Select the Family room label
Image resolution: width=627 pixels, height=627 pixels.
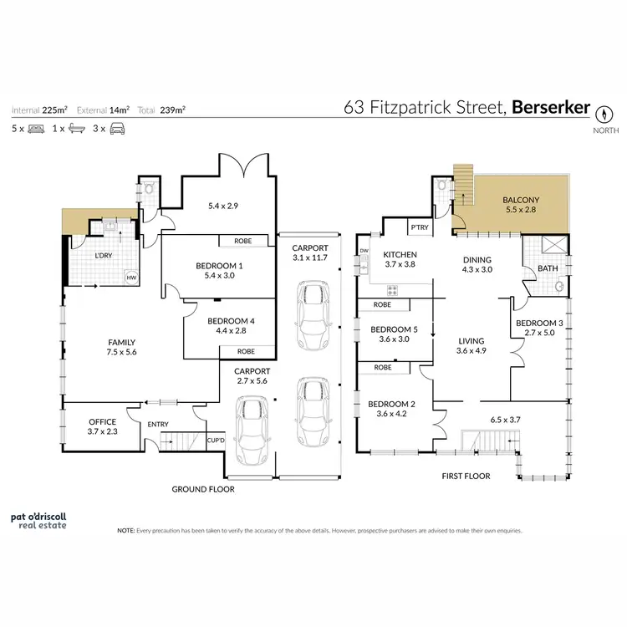pyautogui.click(x=121, y=342)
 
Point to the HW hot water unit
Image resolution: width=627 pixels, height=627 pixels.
pyautogui.click(x=131, y=278)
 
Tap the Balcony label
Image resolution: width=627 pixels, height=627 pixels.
pyautogui.click(x=521, y=200)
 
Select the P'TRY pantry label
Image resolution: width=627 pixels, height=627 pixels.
pyautogui.click(x=418, y=227)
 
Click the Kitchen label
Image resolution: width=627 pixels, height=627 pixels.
pyautogui.click(x=400, y=254)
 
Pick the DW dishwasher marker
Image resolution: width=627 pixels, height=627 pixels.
pyautogui.click(x=364, y=251)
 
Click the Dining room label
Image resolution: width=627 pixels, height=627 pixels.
pyautogui.click(x=477, y=260)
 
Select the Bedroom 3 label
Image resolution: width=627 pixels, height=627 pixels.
pyautogui.click(x=538, y=323)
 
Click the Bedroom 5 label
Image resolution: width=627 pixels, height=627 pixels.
pyautogui.click(x=393, y=329)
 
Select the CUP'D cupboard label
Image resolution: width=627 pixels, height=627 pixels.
pyautogui.click(x=214, y=440)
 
